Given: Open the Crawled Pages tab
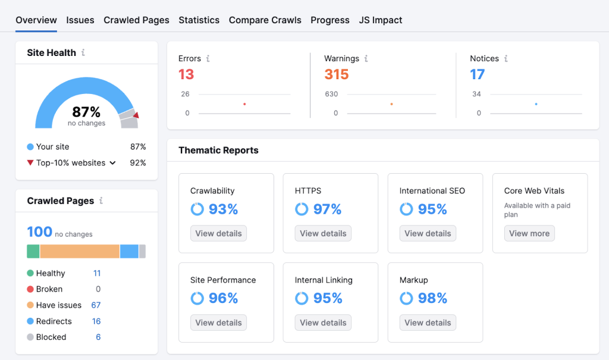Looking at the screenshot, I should [x=136, y=20].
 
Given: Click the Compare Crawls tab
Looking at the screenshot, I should [x=265, y=20].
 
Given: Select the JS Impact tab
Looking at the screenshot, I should [x=381, y=20].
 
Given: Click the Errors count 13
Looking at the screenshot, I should [x=186, y=74].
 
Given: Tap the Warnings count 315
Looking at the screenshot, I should [x=336, y=74].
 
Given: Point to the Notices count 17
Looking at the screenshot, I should [x=477, y=74].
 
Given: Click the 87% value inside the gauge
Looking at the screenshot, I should [x=86, y=112].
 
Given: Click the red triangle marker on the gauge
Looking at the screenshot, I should [x=136, y=115].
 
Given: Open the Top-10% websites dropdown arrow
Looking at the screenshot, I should [x=112, y=163].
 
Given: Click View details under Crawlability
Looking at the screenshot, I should [x=218, y=233].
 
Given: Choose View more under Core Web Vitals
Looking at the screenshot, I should [x=529, y=233].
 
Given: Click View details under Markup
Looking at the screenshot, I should [x=428, y=323].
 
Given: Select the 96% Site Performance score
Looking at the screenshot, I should [x=223, y=298].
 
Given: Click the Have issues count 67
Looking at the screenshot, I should [x=96, y=305].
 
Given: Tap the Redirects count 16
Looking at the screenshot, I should [x=96, y=321].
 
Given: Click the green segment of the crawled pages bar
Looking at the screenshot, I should [x=33, y=251].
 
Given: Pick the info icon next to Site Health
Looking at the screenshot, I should [x=83, y=53].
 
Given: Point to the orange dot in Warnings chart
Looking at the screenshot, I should [x=391, y=104].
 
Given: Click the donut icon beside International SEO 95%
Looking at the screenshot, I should [x=406, y=209].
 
